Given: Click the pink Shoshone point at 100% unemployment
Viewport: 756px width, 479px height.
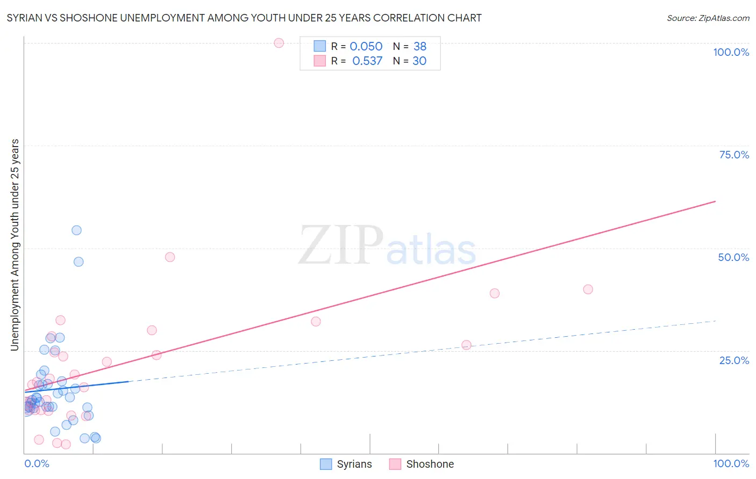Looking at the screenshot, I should (279, 43).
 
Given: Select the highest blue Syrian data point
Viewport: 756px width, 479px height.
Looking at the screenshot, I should (76, 230).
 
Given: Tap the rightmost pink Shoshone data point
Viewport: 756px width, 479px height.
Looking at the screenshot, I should (588, 289).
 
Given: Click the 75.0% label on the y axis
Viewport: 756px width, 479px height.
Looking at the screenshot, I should (734, 155).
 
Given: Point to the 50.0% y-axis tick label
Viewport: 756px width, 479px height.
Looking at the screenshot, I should (733, 257).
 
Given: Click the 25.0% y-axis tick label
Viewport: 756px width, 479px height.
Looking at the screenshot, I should (734, 360).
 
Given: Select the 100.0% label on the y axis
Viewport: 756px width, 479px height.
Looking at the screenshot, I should (731, 52).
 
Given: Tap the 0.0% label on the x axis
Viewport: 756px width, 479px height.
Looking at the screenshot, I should (37, 463).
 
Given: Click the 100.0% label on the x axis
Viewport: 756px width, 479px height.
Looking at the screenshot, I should (731, 463).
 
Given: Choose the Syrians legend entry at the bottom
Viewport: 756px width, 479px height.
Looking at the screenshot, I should (346, 464).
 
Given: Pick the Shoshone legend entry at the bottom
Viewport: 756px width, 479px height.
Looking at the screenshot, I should (422, 464).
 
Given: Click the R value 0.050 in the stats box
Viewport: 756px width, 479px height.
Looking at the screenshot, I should (366, 47).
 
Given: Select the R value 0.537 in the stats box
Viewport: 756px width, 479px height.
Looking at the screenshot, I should (367, 61).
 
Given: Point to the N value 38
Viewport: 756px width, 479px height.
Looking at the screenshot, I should (419, 47).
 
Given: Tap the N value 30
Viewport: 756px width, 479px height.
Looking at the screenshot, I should (419, 61).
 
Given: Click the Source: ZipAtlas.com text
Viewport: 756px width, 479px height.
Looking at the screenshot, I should (708, 18).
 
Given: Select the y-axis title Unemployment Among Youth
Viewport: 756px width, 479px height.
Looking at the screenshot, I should (15, 245).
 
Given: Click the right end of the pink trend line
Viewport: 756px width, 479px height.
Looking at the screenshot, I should (715, 201).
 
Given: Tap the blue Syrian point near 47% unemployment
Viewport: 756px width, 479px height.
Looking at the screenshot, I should (79, 262).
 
